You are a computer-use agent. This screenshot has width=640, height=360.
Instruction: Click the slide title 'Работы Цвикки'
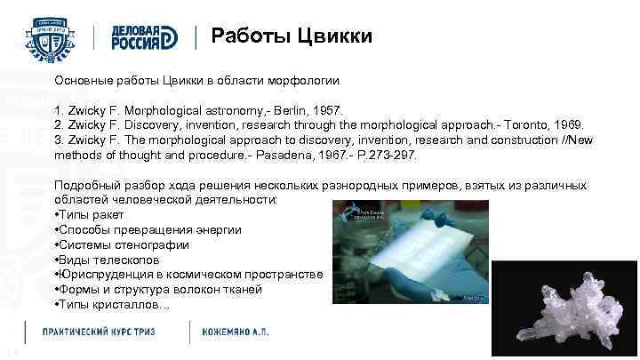pos(292,36)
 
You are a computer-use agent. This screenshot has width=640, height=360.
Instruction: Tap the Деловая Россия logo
pos(147,36)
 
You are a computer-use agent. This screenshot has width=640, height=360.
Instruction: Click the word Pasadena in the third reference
pos(292,155)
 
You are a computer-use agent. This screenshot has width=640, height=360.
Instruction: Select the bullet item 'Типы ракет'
pos(92,214)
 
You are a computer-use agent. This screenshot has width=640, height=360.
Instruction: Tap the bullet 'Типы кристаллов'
pos(111,305)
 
